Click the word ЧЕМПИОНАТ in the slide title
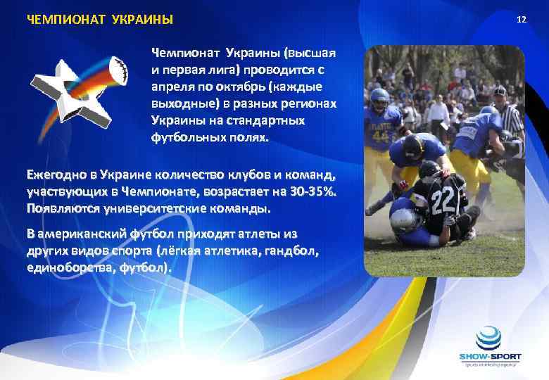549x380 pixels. click(x=58, y=19)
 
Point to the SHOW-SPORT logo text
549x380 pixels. click(x=490, y=357)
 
